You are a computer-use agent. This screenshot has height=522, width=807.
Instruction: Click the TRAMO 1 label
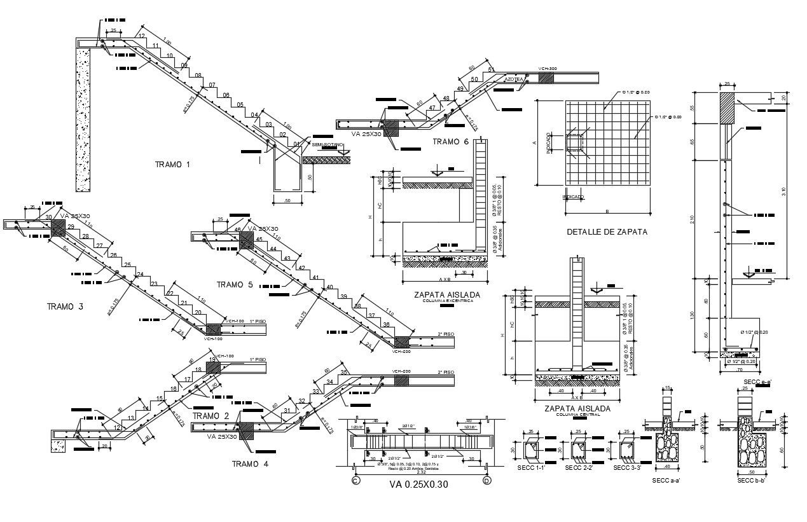pyautogui.click(x=172, y=165)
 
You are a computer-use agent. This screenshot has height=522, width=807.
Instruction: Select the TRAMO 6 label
pyautogui.click(x=450, y=142)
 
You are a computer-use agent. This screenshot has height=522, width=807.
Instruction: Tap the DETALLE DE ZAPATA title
pyautogui.click(x=607, y=232)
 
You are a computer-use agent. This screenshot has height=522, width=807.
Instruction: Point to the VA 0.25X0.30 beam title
pyautogui.click(x=418, y=484)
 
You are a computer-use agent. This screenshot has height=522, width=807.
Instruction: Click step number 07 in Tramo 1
pyautogui.click(x=212, y=85)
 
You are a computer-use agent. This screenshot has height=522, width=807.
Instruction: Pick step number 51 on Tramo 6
pyautogui.click(x=491, y=69)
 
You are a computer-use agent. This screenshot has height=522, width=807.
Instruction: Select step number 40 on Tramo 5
pyautogui.click(x=329, y=287)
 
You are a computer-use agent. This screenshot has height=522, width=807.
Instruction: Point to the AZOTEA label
pyautogui.click(x=514, y=79)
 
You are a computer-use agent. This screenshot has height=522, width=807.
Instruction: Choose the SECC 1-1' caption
pyautogui.click(x=530, y=469)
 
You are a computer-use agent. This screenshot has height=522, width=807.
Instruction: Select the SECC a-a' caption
pyautogui.click(x=667, y=481)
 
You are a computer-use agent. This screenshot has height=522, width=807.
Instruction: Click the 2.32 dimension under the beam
pyautogui.click(x=421, y=472)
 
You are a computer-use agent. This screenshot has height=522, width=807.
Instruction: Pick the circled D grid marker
pyautogui.click(x=486, y=482)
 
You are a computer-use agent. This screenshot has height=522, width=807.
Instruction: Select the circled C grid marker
pyautogui.click(x=355, y=482)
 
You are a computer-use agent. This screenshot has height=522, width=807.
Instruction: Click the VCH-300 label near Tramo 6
pyautogui.click(x=547, y=69)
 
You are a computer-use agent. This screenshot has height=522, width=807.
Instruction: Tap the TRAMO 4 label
pyautogui.click(x=250, y=464)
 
